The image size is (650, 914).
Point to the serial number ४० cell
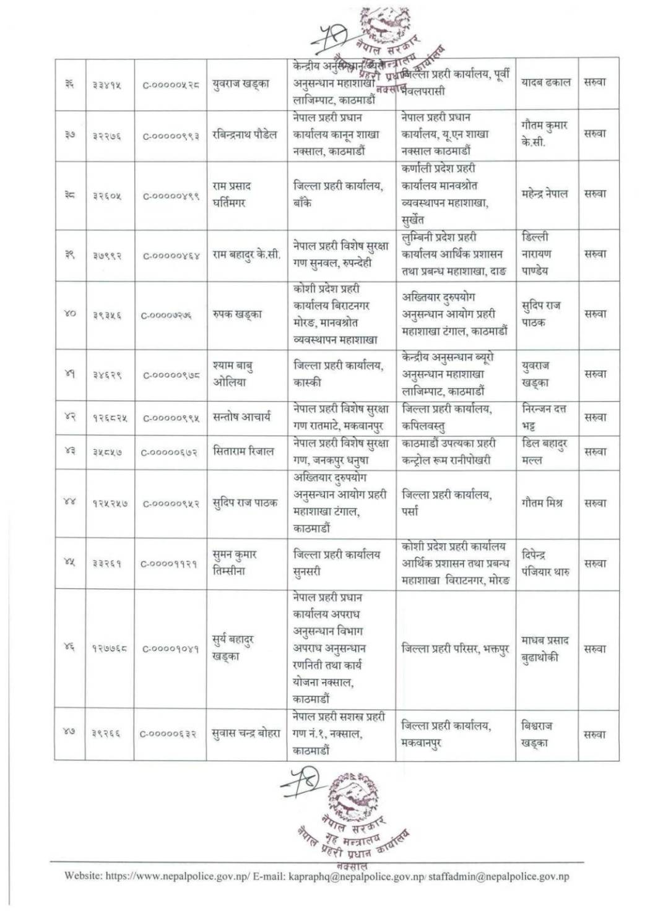coord(70,314)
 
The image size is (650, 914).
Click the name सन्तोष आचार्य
coord(241,417)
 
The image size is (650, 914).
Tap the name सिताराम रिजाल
coord(243,451)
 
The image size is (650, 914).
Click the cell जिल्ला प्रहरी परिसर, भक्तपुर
coord(455,649)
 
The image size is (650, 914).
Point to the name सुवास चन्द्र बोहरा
coord(246,734)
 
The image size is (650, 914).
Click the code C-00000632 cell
coord(168,735)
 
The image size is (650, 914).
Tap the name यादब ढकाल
coord(545,82)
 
